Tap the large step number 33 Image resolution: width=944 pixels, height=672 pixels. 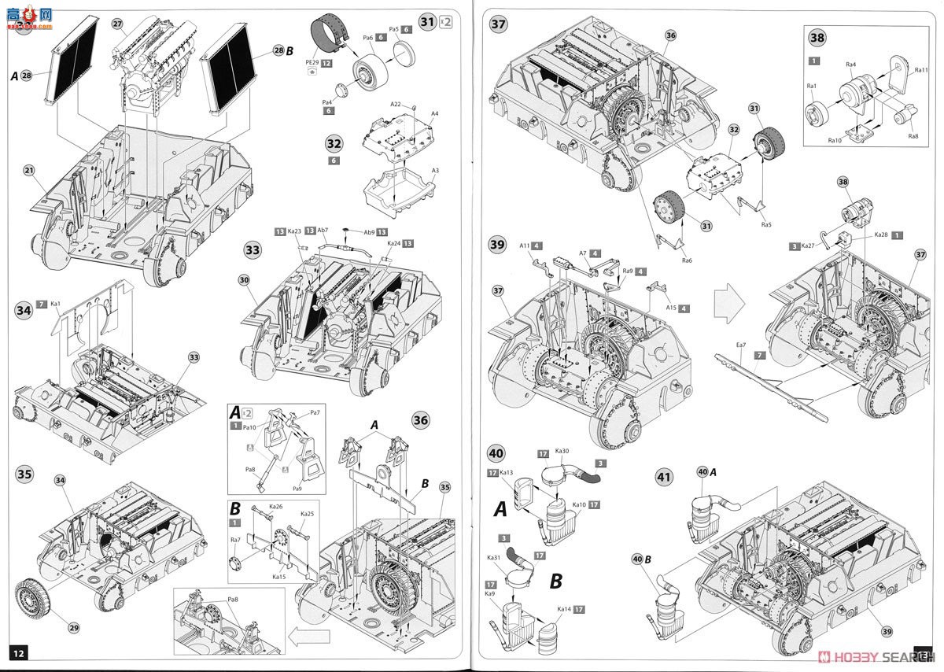pyautogui.click(x=253, y=250)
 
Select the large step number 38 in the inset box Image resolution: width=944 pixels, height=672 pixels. pyautogui.click(x=817, y=37)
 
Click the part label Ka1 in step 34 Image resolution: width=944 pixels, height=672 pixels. pyautogui.click(x=56, y=302)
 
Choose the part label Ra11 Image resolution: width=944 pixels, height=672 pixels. pyautogui.click(x=921, y=70)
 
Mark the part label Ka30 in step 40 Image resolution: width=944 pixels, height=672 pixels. pyautogui.click(x=563, y=452)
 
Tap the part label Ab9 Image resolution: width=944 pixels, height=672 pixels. pyautogui.click(x=368, y=232)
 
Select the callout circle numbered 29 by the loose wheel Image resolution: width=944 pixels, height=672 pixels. pyautogui.click(x=73, y=627)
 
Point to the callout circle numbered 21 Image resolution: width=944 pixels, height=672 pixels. pyautogui.click(x=29, y=170)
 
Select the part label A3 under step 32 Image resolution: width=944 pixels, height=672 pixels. pyautogui.click(x=435, y=170)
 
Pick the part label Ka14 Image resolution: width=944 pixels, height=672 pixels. pyautogui.click(x=562, y=609)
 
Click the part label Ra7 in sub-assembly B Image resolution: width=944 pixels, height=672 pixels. pyautogui.click(x=235, y=540)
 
